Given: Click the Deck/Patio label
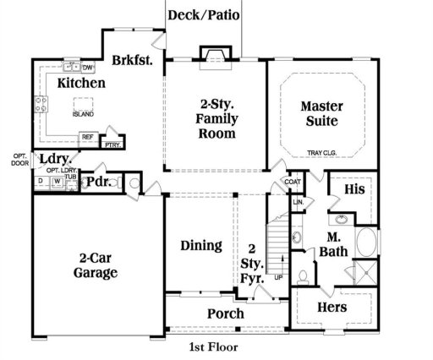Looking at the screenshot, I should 203,14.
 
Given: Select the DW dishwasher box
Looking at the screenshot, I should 87,67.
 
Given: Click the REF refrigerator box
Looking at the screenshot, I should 86,137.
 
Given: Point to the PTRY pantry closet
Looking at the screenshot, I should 111,145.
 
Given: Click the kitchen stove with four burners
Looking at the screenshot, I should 40,105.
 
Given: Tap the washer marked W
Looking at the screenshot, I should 57,181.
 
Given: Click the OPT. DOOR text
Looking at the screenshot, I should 20,160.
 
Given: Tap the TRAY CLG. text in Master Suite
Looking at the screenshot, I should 322,153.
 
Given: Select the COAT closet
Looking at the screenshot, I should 293,182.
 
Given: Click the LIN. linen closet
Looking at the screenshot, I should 299,203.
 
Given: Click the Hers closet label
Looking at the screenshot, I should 332,308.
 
